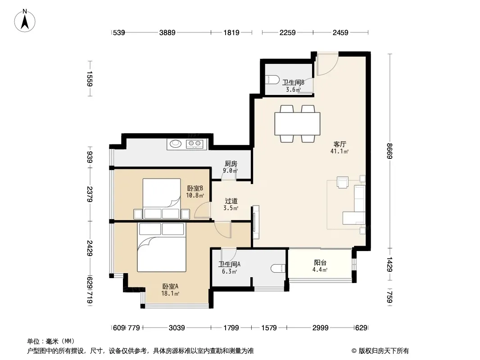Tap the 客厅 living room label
[x=340, y=144]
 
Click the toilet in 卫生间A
[x=278, y=268]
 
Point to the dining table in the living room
[x=297, y=124]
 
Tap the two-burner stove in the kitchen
[x=195, y=144]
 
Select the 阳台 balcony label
[x=320, y=262]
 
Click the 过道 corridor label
[x=231, y=201]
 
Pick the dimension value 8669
[x=389, y=151]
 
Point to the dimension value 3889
[x=167, y=32]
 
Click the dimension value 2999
[x=320, y=328]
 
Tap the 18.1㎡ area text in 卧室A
[x=170, y=294]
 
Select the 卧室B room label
[x=195, y=188]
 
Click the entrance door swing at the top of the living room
[x=327, y=64]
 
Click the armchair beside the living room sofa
[x=343, y=182]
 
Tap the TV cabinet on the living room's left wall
[x=256, y=222]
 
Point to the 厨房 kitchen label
[x=231, y=164]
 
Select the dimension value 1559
[x=90, y=79]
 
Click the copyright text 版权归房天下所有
[x=384, y=351]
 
